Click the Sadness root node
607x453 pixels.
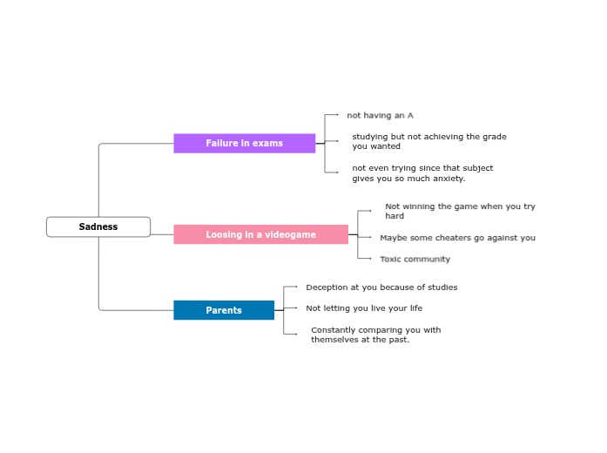click(98, 226)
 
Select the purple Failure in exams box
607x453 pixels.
click(244, 143)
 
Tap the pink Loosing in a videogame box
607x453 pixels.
click(260, 234)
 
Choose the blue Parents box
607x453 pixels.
click(224, 310)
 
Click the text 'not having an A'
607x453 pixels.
click(380, 115)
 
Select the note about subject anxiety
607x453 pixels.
click(422, 172)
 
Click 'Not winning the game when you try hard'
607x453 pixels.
click(459, 211)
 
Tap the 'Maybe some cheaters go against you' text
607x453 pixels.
click(457, 237)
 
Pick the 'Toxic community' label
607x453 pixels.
click(415, 259)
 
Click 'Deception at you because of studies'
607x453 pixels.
click(381, 287)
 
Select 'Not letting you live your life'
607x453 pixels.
click(363, 308)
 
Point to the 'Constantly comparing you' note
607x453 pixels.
click(375, 335)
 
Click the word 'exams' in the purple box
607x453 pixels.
click(267, 143)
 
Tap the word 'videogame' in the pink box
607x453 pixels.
click(291, 234)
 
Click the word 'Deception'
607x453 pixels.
click(327, 287)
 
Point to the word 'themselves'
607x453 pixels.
click(334, 340)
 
